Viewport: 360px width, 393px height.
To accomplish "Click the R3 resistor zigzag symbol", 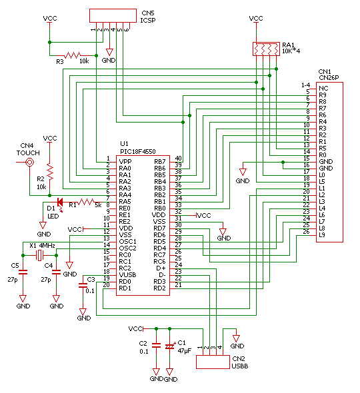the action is [x=73, y=55].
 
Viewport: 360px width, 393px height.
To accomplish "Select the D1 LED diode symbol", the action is [x=60, y=202].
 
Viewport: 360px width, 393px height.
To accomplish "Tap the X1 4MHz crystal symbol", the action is [x=39, y=255].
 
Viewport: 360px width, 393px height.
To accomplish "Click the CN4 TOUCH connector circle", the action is [x=29, y=163].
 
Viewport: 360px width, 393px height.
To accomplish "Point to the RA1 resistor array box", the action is [x=266, y=49].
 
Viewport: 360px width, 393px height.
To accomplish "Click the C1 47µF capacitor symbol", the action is [x=169, y=346].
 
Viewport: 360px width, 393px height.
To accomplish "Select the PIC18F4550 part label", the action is [x=138, y=151].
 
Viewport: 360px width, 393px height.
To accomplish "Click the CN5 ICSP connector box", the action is [x=113, y=15].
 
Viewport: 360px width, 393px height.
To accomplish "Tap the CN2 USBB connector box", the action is [x=213, y=362].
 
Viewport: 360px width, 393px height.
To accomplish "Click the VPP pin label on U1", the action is [x=125, y=162].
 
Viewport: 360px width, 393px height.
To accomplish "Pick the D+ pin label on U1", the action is [x=161, y=268].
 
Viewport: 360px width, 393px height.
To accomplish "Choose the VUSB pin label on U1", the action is [x=127, y=275].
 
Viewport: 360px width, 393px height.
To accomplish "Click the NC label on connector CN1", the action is [x=323, y=88].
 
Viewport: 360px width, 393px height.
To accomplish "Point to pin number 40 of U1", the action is [x=178, y=158].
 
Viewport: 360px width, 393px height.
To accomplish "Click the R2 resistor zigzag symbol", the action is [x=50, y=172].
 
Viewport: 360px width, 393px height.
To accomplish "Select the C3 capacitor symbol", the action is [x=83, y=285].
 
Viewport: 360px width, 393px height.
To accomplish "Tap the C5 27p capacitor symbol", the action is [x=23, y=272].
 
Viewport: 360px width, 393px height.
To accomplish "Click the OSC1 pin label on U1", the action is [x=127, y=242].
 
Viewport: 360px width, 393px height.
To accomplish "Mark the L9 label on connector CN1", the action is [x=322, y=235].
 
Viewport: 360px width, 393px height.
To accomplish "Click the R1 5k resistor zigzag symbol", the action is [x=86, y=202].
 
